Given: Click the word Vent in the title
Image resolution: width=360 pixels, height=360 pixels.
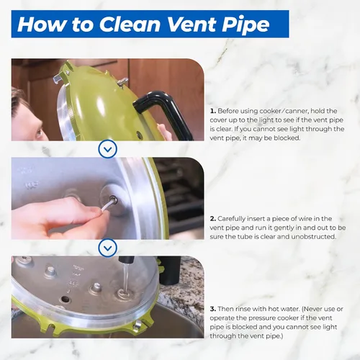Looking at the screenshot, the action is pyautogui.click(x=190, y=24).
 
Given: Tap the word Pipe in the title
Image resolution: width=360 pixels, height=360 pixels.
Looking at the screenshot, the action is pyautogui.click(x=245, y=24).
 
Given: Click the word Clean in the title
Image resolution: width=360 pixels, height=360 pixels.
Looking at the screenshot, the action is pyautogui.click(x=130, y=24).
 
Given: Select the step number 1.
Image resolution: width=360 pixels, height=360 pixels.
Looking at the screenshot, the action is pyautogui.click(x=213, y=111).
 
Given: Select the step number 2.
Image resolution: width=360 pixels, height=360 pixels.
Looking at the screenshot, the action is pyautogui.click(x=213, y=219).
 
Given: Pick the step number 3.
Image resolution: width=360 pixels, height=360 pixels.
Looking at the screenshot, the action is pyautogui.click(x=213, y=309).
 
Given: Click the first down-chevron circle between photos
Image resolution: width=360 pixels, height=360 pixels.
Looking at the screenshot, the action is pyautogui.click(x=108, y=149).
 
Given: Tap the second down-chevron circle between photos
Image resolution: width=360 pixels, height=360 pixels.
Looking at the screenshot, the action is pyautogui.click(x=108, y=248).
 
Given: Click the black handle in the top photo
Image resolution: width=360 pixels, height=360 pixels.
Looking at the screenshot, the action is pyautogui.click(x=163, y=113).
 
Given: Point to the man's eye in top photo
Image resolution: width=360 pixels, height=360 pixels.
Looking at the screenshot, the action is pyautogui.click(x=39, y=132).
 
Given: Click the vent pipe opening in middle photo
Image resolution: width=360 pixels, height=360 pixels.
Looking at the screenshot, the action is pyautogui.click(x=113, y=199).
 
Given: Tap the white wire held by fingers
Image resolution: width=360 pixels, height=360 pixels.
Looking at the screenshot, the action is pyautogui.click(x=107, y=207).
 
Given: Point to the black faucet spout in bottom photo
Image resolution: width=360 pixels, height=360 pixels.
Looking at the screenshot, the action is pyautogui.click(x=125, y=260).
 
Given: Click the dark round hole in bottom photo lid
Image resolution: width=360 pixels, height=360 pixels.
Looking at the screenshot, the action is pyautogui.click(x=65, y=299).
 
